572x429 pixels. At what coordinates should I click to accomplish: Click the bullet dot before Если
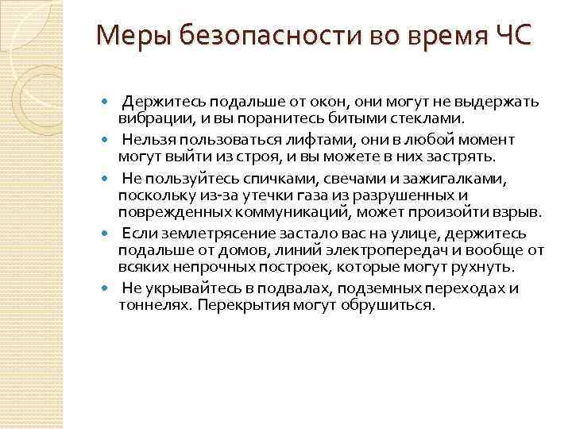point(108,235)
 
